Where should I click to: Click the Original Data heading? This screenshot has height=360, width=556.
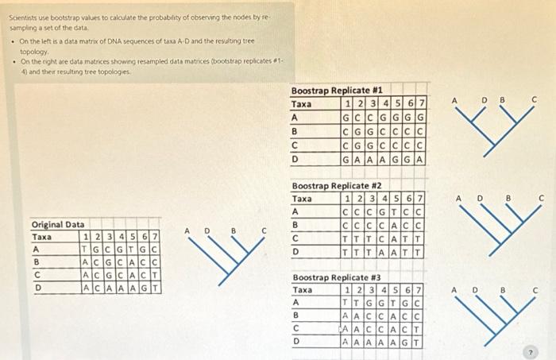(58, 225)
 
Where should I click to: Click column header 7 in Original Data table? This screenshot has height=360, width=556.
(156, 237)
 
